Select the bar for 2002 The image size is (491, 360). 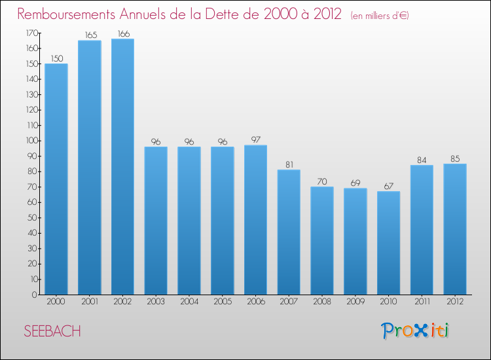(122, 166)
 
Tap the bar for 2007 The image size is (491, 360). (289, 232)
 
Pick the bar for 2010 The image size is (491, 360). (388, 243)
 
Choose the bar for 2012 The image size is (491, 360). (455, 229)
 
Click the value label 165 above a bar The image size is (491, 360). (90, 35)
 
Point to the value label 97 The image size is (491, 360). (255, 139)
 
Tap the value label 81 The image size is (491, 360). (289, 164)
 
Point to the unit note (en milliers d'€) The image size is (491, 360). (380, 16)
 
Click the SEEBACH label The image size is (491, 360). (52, 332)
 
